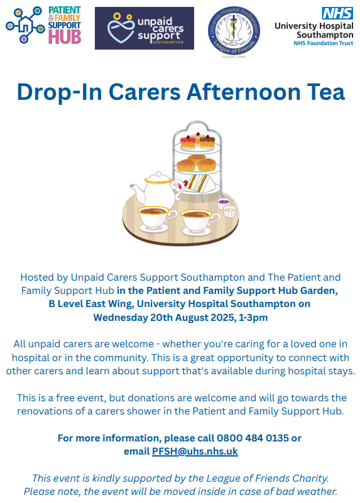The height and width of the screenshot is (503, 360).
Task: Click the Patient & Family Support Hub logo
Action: (43, 25)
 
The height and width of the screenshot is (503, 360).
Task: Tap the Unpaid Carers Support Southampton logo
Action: (145, 28)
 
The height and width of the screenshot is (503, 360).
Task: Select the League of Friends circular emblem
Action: (234, 31)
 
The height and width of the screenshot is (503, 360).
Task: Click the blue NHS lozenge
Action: (337, 13)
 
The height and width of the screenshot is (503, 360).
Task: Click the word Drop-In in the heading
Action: (59, 92)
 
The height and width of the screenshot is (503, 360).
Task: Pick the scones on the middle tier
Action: (197, 163)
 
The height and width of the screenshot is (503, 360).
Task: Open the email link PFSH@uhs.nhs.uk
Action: (195, 452)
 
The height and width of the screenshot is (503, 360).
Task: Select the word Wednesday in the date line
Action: (121, 318)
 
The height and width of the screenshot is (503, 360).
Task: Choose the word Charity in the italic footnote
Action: (310, 479)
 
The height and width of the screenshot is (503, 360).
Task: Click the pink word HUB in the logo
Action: (65, 37)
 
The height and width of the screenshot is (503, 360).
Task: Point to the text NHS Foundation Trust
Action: (324, 43)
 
